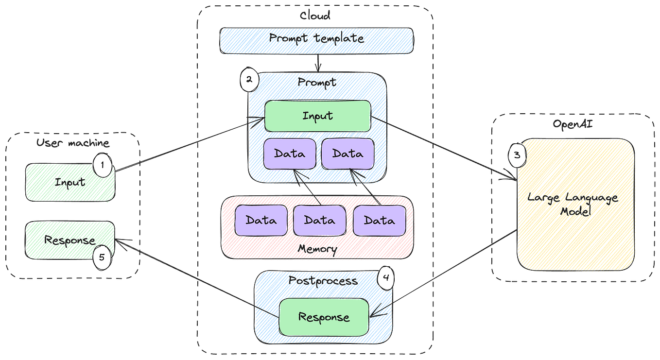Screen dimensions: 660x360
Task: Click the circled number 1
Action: pos(103,165)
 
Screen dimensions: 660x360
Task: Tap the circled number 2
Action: pos(249,80)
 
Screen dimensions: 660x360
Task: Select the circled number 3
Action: pos(517,155)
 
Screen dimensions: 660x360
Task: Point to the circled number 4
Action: pos(386,278)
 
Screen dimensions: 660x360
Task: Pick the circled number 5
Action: pos(102,257)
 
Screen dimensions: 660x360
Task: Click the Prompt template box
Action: pos(317,41)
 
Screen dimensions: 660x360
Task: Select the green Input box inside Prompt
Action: pos(318,116)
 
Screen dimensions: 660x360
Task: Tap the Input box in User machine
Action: pos(70,182)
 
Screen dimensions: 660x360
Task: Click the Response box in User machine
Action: pos(70,240)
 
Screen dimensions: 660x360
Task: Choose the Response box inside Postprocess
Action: pos(324,317)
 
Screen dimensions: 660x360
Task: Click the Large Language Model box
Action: pos(575,204)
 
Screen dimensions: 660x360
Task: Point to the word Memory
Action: pos(317,249)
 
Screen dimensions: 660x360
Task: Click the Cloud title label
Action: pos(315,16)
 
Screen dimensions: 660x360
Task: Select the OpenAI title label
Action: pos(573,124)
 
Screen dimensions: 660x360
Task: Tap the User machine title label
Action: pos(73,143)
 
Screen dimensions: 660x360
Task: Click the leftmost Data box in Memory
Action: pos(261,221)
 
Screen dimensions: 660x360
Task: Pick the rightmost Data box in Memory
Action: pos(379,221)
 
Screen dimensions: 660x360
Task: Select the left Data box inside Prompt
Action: pos(290,154)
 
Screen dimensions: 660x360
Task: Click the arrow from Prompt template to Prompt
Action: pos(318,63)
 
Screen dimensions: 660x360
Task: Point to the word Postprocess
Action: pos(323,281)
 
